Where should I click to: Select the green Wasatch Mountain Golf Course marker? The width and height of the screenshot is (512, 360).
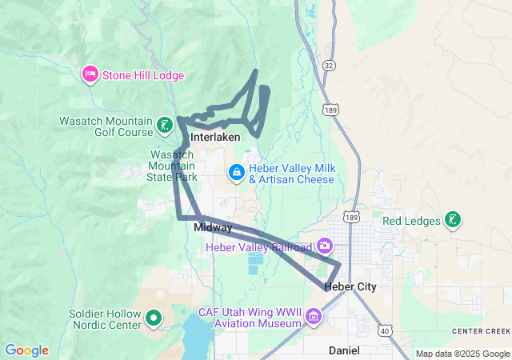(164, 126)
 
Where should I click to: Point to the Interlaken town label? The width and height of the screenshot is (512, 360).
(215, 138)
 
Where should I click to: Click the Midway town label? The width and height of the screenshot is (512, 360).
(213, 228)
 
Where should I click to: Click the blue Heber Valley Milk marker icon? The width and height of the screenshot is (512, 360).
(237, 172)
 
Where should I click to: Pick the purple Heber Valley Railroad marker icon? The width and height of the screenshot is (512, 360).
(325, 244)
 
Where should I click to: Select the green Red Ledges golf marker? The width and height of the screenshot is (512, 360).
(453, 220)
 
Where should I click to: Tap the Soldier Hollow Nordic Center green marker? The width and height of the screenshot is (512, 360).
(154, 321)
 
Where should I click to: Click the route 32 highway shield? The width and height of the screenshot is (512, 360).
(329, 64)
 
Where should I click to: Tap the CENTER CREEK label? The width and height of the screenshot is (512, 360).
(480, 331)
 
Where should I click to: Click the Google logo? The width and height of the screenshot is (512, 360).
(26, 350)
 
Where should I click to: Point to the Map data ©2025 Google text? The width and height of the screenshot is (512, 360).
(462, 354)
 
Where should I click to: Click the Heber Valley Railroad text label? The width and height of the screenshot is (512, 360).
(258, 248)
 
